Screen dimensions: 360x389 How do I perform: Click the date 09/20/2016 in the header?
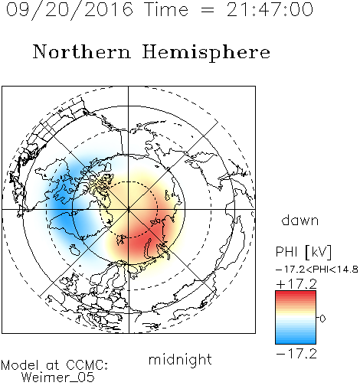[70, 10]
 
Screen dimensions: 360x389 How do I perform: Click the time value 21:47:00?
[270, 10]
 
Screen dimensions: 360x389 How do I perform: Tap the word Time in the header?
[166, 10]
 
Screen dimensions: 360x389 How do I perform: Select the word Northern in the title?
[81, 51]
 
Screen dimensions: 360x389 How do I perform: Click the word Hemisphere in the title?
[206, 53]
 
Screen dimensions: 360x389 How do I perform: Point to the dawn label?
[300, 220]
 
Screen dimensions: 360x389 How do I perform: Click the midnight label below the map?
[180, 359]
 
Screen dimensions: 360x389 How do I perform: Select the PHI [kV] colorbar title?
[303, 252]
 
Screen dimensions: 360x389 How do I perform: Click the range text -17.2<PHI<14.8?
[317, 270]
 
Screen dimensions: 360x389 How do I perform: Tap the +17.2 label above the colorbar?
[296, 284]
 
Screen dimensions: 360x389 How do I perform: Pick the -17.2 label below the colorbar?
[296, 354]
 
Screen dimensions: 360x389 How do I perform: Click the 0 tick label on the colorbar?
[322, 319]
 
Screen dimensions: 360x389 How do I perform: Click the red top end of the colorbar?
[296, 293]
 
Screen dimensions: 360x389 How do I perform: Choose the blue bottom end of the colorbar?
[296, 342]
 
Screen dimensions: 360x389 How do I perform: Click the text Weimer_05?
[58, 377]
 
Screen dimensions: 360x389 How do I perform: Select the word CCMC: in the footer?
[87, 365]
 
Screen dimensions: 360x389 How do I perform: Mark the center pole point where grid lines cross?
[129, 210]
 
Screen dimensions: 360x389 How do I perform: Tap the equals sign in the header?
[208, 10]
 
